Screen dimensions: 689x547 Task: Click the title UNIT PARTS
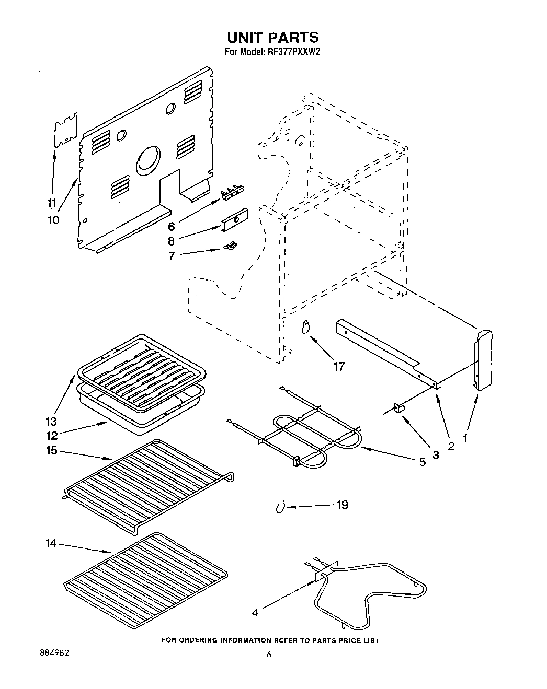[272, 38]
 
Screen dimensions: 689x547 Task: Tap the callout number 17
[339, 366]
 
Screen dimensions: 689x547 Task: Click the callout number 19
[342, 505]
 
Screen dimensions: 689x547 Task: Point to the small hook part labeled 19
[280, 507]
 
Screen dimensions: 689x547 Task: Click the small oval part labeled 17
[306, 326]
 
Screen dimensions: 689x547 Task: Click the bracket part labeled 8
[234, 220]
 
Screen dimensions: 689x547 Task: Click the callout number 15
[51, 450]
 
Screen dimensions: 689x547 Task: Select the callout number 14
[51, 544]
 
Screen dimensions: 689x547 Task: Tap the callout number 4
[255, 613]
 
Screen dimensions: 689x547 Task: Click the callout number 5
[422, 461]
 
